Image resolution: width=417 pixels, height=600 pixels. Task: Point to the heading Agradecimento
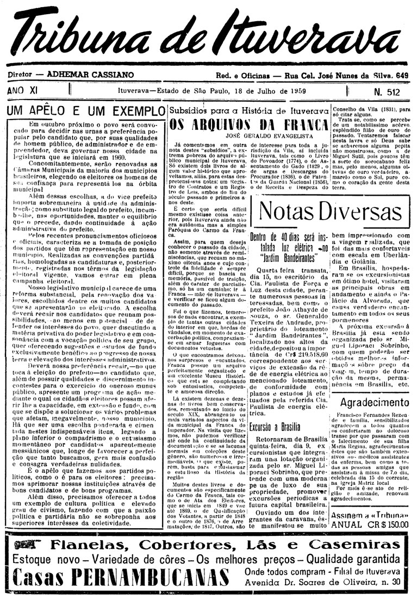[x=375, y=403]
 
